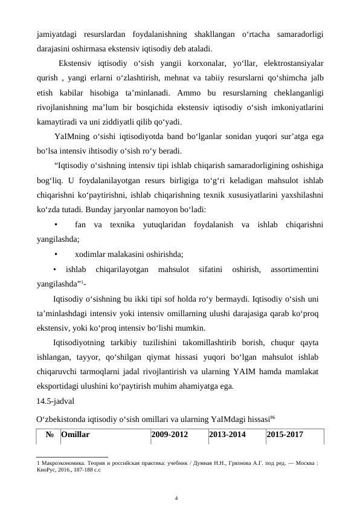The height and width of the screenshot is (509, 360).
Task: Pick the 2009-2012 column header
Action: [170, 434]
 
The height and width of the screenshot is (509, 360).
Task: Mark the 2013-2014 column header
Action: [227, 434]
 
